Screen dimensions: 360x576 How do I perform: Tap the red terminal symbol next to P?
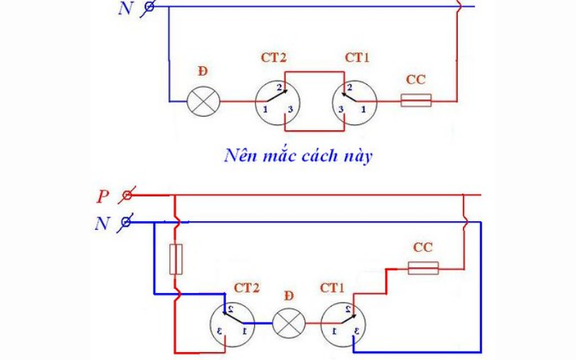pyautogui.click(x=127, y=195)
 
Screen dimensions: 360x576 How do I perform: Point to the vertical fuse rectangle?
pyautogui.click(x=175, y=259)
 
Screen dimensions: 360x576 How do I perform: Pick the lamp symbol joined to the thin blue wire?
pyautogui.click(x=202, y=102)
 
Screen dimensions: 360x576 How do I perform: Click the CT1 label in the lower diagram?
pyautogui.click(x=333, y=288)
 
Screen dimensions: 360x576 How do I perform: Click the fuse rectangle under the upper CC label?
pyautogui.click(x=415, y=101)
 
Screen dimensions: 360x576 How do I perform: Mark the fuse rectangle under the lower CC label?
pyautogui.click(x=423, y=268)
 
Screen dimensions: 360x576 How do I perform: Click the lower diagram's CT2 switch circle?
pyautogui.click(x=231, y=323)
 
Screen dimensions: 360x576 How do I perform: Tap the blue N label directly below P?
pyautogui.click(x=101, y=224)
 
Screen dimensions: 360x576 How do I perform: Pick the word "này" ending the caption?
pyautogui.click(x=358, y=156)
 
